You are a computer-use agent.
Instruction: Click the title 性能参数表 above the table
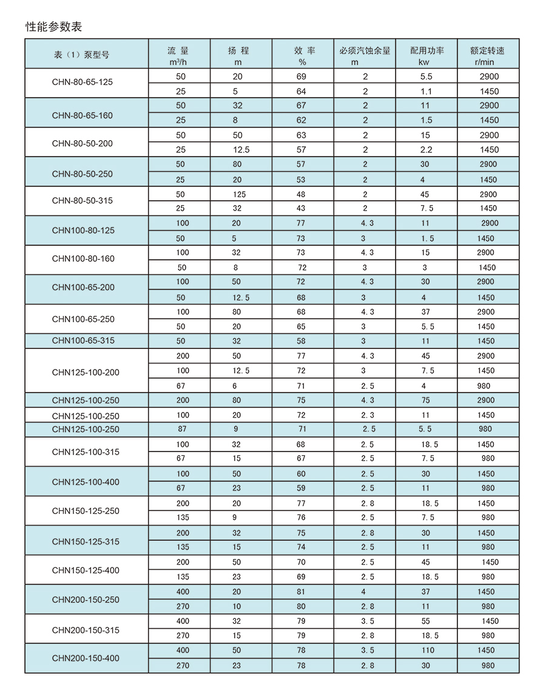coord(53,27)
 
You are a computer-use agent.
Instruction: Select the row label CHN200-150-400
coord(86,658)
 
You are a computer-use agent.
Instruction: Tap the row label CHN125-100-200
coord(86,372)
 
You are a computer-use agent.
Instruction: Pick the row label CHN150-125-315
coord(86,541)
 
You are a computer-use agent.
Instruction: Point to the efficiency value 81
coord(302,592)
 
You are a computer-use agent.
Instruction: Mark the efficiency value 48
coord(302,194)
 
